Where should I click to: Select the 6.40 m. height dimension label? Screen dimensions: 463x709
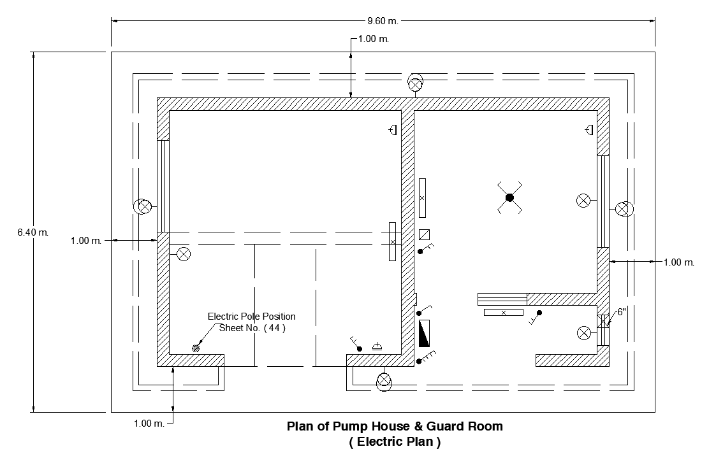(33, 232)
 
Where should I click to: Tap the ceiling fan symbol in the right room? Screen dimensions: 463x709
(509, 198)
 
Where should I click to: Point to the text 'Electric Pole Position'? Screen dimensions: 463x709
(251, 317)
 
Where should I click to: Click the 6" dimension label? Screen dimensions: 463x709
(622, 312)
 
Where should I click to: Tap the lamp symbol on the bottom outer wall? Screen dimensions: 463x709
(384, 381)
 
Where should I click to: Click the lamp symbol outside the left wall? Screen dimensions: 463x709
(143, 206)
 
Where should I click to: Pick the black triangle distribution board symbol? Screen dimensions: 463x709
(425, 333)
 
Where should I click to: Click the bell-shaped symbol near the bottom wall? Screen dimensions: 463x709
(377, 346)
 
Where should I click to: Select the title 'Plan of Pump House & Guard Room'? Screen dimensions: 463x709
(395, 427)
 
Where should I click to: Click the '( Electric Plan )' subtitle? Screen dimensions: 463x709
(395, 441)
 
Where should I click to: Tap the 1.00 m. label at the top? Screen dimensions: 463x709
(374, 39)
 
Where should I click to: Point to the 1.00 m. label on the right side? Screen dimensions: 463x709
(678, 262)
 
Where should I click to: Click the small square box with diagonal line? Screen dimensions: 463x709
(425, 234)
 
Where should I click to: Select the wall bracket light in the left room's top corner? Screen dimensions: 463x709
(393, 130)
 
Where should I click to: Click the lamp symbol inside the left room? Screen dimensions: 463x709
(184, 254)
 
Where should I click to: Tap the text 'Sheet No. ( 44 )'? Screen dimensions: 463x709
(252, 328)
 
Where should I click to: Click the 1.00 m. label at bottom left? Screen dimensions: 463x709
(149, 424)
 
